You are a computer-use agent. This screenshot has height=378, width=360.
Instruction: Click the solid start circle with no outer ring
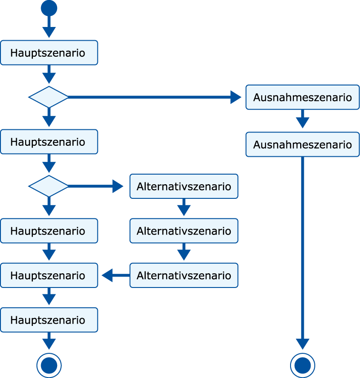tap(49, 8)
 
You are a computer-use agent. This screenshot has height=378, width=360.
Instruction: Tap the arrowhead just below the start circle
tap(49, 32)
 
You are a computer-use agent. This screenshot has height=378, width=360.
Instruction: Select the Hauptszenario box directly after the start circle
tap(49, 53)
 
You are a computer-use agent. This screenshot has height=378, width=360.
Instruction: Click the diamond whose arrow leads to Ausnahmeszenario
tap(49, 97)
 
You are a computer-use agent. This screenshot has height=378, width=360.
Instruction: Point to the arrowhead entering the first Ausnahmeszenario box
tap(236, 97)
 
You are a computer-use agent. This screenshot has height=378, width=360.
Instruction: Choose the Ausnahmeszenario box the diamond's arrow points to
tap(302, 97)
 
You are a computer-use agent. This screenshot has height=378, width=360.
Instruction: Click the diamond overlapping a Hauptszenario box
tap(49, 186)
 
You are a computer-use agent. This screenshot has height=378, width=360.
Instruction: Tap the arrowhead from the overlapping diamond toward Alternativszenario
tap(117, 186)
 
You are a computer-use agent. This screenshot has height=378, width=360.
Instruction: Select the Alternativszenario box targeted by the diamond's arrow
tap(184, 186)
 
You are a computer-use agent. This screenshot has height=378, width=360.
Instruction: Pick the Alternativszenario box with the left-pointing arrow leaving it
tap(184, 275)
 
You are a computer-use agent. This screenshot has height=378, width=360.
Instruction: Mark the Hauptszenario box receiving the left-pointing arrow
tap(49, 275)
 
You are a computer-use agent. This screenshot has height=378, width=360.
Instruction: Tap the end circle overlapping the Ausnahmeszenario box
tap(302, 365)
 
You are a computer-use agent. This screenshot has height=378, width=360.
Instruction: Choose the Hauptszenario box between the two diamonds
tap(49, 142)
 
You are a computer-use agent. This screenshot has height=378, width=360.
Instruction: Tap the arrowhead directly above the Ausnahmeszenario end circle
tap(302, 344)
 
